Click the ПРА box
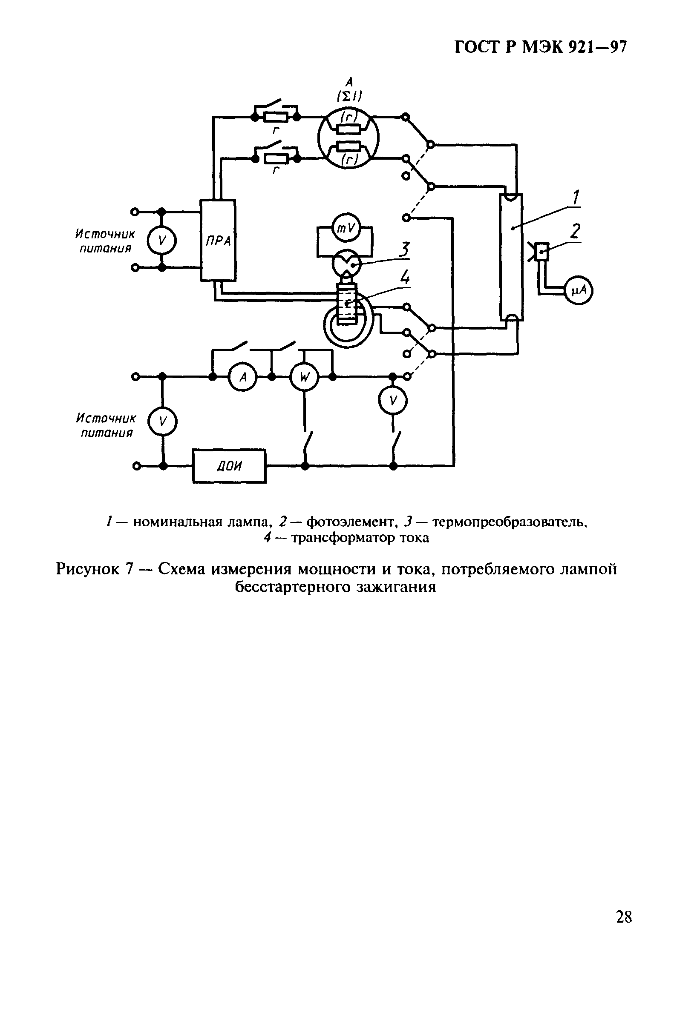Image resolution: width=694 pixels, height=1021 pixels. tap(218, 240)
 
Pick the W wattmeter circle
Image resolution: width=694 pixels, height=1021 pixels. tap(304, 377)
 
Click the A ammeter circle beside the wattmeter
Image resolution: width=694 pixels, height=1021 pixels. tap(242, 377)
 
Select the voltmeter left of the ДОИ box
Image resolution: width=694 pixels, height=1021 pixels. tap(162, 422)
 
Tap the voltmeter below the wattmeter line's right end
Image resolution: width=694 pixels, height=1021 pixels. tap(393, 401)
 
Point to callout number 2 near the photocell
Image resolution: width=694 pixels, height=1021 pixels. tap(575, 231)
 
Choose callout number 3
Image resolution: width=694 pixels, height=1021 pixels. tap(405, 250)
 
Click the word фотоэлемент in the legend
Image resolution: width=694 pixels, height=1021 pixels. tap(351, 522)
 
